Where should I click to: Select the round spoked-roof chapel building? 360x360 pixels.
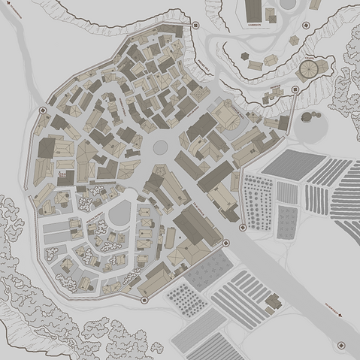(x=309, y=70)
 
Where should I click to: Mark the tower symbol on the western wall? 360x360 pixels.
(x=43, y=110)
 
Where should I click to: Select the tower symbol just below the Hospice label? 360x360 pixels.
(x=295, y=90)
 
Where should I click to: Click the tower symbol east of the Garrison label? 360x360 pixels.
(x=307, y=25)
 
